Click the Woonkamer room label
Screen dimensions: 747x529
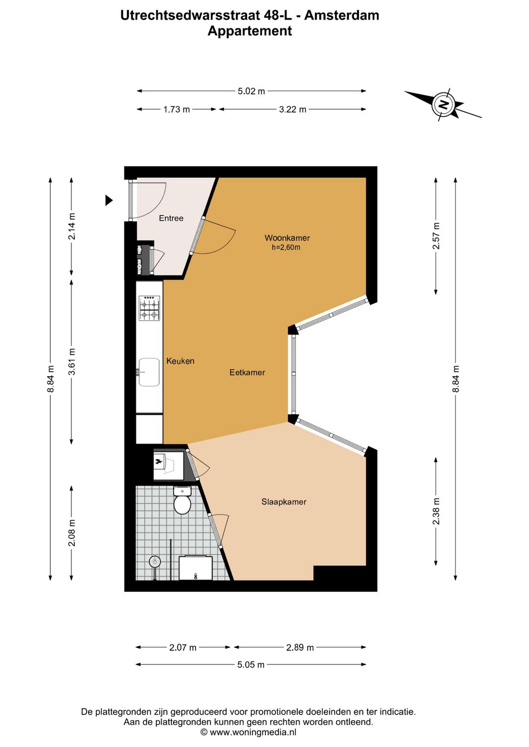click(x=287, y=238)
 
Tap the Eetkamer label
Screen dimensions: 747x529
click(x=247, y=373)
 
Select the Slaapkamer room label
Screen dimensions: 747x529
click(x=284, y=502)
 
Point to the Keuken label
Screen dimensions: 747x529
click(x=180, y=361)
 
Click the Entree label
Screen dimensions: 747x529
click(x=171, y=218)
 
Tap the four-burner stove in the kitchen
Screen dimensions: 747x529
click(x=149, y=308)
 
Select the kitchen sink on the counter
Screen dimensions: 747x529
click(x=149, y=372)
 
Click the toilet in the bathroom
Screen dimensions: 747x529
click(x=182, y=501)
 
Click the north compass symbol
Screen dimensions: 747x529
click(x=443, y=104)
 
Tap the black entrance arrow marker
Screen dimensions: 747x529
click(x=109, y=200)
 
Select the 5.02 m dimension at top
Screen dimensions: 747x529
click(x=251, y=91)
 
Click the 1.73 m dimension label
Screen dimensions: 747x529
click(x=176, y=109)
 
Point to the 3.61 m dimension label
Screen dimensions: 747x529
click(x=72, y=362)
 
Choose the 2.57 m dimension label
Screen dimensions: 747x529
click(x=436, y=236)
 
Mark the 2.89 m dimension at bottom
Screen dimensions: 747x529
click(x=300, y=647)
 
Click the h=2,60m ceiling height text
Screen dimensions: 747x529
click(x=286, y=248)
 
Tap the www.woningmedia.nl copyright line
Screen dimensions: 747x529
click(x=248, y=732)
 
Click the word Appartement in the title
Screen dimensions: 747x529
click(x=249, y=31)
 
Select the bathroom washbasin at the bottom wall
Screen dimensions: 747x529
click(x=195, y=568)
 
